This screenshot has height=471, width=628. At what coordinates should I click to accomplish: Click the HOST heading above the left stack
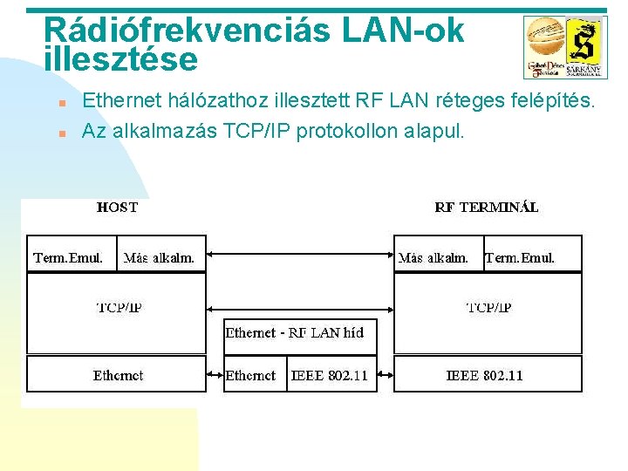[x=117, y=208]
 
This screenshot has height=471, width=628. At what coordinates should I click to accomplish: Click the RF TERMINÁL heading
[x=486, y=208]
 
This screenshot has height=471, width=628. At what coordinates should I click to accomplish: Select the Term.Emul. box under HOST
[x=69, y=257]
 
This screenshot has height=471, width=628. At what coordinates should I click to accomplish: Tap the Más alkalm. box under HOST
[x=160, y=257]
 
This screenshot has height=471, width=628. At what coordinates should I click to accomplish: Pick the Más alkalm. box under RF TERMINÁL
[x=433, y=257]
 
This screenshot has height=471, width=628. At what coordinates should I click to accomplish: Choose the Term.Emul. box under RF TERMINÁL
[x=520, y=257]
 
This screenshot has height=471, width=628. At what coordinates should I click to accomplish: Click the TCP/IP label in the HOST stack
[x=119, y=308]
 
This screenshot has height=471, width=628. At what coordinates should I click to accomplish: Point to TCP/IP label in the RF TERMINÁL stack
[x=488, y=308]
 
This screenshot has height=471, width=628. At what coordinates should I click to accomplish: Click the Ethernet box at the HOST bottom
[x=118, y=375]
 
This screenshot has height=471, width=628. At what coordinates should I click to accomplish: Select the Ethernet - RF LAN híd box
[x=295, y=333]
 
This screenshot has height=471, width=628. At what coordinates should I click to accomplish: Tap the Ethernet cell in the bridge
[x=250, y=375]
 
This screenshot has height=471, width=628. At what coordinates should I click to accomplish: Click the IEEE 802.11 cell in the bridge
[x=330, y=375]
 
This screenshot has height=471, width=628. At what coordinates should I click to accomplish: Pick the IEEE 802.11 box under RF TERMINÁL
[x=485, y=375]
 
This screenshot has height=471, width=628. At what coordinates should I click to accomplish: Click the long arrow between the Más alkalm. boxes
[x=300, y=256]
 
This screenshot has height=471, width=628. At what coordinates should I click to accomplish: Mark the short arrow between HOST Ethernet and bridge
[x=215, y=376]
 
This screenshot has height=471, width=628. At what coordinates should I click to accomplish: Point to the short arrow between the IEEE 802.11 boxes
[x=385, y=376]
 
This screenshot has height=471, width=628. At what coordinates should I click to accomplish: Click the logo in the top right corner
[x=563, y=46]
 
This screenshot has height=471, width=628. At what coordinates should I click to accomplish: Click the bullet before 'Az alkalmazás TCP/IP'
[x=62, y=134]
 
